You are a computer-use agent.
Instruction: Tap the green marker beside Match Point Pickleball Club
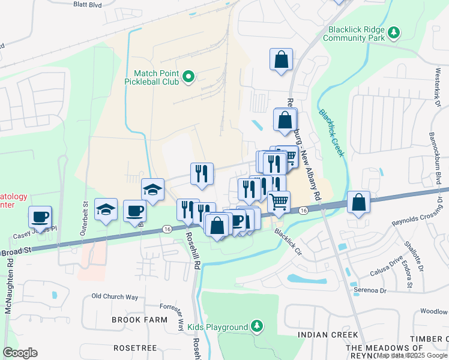(x=188, y=76)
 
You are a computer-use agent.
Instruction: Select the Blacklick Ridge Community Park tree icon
(x=394, y=31)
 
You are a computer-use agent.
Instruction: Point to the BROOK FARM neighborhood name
(x=139, y=320)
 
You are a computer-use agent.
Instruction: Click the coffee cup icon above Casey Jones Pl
(x=40, y=216)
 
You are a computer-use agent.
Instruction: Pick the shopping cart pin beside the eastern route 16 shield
(x=279, y=202)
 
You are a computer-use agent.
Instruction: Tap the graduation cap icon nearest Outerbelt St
(x=106, y=209)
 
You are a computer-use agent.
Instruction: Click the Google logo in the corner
(x=20, y=352)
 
